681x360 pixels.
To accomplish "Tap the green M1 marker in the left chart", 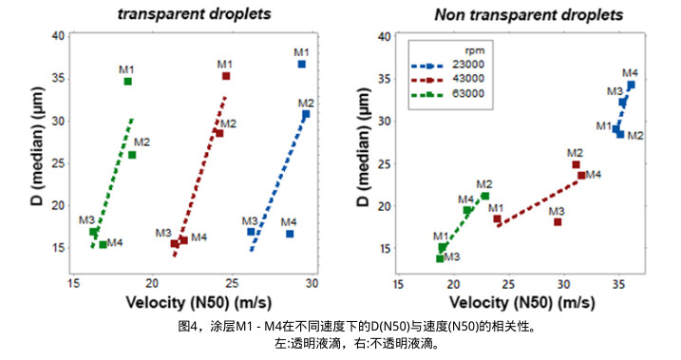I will (127, 82).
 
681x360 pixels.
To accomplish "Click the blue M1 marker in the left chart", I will (301, 64).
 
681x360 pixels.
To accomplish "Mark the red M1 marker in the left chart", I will (226, 76).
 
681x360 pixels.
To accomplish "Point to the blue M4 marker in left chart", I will (290, 234).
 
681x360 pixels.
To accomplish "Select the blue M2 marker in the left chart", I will (306, 114).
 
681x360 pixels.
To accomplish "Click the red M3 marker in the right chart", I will (558, 222).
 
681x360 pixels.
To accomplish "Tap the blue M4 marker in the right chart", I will (631, 85).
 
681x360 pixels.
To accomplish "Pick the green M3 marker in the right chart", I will (440, 258).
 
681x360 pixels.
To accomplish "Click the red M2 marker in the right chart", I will (576, 164).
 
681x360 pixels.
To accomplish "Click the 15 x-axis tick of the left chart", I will (73, 283).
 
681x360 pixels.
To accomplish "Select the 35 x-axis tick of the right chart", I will (617, 283).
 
